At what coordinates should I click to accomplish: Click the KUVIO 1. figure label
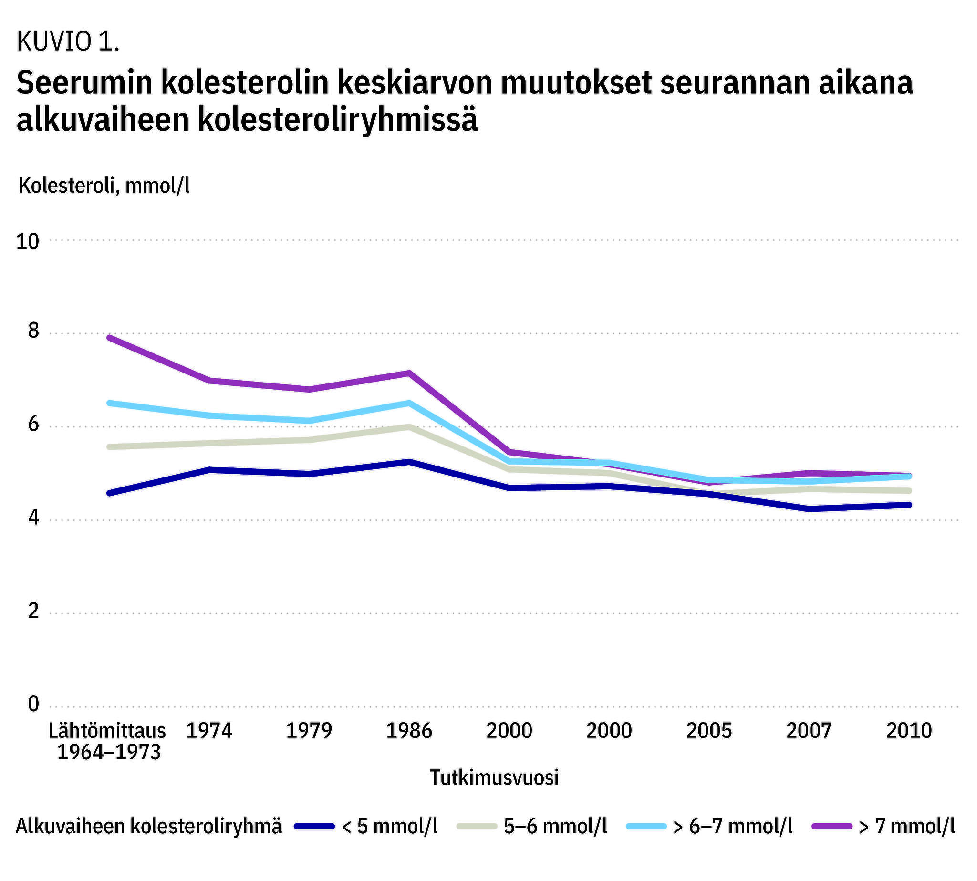coord(68,41)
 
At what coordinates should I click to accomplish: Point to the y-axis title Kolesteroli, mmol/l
coord(104,186)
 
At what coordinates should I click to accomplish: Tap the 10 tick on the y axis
coord(27,241)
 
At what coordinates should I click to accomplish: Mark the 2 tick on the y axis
coord(33,612)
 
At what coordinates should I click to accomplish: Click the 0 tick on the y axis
coord(33,705)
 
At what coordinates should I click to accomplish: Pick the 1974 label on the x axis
coord(209,730)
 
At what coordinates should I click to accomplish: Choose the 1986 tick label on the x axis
coord(409,730)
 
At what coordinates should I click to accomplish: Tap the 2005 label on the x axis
coord(709,730)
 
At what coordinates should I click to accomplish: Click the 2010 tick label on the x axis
coord(909,730)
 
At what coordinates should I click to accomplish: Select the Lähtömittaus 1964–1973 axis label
coord(108,741)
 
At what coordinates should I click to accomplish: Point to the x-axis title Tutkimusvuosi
coord(494,777)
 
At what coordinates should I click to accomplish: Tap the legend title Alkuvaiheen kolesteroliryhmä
coord(149,826)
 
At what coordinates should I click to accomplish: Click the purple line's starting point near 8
coord(109,337)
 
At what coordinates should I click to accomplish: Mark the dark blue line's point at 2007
coord(809,509)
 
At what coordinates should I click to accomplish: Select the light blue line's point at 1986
coord(409,403)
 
